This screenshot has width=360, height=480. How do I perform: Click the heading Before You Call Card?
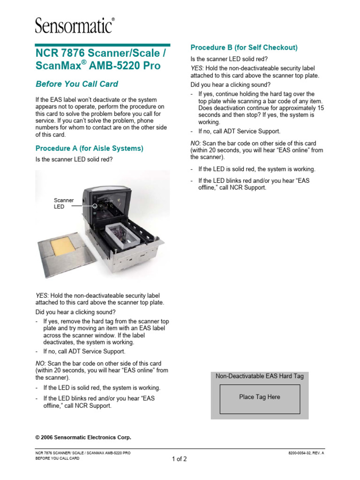coord(77,84)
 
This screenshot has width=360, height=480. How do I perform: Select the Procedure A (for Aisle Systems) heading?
coord(90,148)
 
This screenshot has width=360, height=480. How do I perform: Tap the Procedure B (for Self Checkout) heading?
coord(244,47)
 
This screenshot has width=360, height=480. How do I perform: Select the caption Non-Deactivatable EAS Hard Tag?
coord(260,376)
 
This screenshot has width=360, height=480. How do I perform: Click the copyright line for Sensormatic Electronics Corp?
coord(83,437)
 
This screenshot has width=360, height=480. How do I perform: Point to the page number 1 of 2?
coord(179,459)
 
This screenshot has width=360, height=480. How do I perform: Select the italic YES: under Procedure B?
coord(197,68)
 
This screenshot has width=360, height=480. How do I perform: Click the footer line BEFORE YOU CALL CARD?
coord(58,459)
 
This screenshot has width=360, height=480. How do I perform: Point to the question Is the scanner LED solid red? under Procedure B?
coord(229,60)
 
